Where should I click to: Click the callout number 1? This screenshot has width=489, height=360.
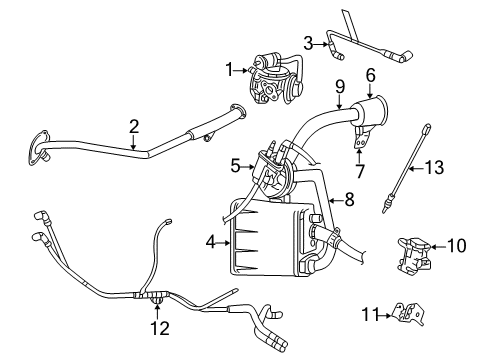pyautogui.click(x=231, y=69)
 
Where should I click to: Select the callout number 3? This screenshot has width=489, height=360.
pyautogui.click(x=309, y=42)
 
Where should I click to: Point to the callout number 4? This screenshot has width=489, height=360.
pyautogui.click(x=211, y=240)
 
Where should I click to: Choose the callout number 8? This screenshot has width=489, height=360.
pyautogui.click(x=349, y=199)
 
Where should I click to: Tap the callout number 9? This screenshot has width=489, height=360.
pyautogui.click(x=340, y=86)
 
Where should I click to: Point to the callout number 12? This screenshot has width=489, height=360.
pyautogui.click(x=155, y=329)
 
